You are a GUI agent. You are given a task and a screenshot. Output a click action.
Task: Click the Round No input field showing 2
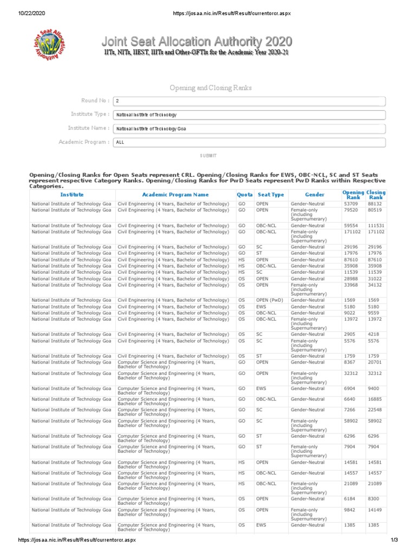249,101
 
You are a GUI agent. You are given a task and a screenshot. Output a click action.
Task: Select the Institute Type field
249,115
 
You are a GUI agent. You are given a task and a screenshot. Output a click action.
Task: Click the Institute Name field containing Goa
249,129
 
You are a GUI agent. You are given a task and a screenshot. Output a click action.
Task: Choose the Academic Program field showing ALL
249,142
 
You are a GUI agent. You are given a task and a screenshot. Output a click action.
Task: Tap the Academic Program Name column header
175,194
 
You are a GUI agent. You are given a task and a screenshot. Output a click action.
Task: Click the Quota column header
245,194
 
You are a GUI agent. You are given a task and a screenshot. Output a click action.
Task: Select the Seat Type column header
271,194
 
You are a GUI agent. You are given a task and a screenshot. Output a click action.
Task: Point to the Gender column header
315,194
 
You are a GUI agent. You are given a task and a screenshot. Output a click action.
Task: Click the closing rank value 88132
375,204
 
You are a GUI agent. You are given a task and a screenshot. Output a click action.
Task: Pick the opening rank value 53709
351,204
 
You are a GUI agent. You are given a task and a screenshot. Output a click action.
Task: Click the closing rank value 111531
376,226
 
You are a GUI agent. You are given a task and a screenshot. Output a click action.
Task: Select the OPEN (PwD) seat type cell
268,300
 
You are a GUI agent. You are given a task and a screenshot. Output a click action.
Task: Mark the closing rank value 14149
375,509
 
